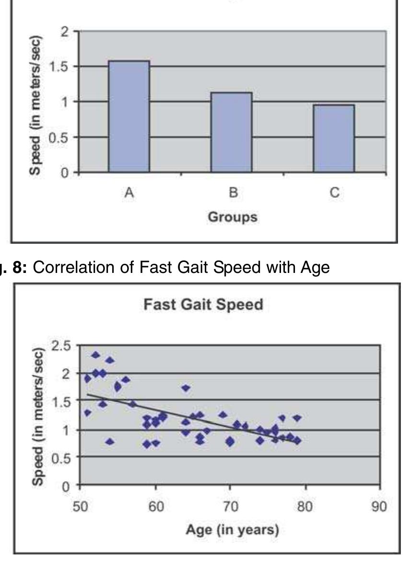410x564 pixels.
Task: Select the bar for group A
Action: (129, 116)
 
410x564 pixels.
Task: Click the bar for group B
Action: (231, 132)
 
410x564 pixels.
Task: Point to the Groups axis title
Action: (232, 217)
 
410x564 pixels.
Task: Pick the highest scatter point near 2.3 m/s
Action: (95, 355)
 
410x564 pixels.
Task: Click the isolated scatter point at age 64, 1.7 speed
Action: (186, 388)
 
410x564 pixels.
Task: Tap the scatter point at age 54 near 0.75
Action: (110, 441)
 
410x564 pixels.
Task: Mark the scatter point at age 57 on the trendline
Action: (133, 404)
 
